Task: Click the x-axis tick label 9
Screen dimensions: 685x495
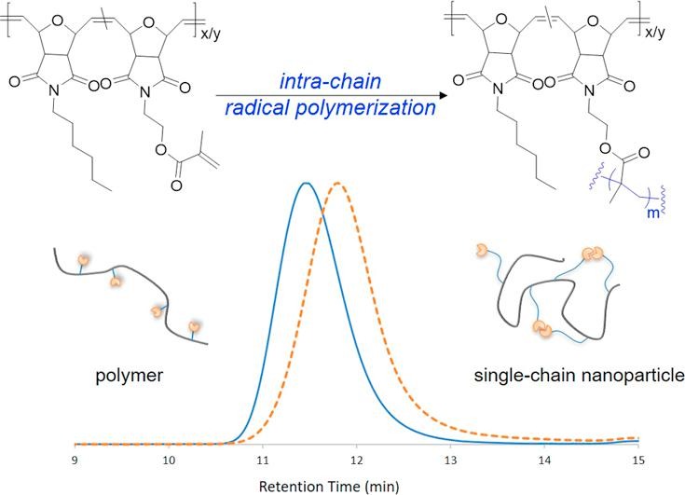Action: click(75, 461)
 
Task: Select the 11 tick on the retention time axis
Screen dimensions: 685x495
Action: click(263, 461)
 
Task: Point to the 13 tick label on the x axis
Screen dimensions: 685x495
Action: click(450, 461)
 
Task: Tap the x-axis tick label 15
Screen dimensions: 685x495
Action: click(638, 461)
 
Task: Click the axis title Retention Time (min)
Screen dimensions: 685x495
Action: click(329, 487)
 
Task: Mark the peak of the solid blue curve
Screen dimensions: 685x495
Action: click(306, 183)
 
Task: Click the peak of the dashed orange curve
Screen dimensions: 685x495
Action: click(337, 183)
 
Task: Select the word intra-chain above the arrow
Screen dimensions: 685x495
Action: click(330, 81)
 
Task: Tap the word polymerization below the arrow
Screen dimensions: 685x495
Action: click(366, 108)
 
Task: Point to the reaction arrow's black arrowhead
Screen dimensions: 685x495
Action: click(443, 95)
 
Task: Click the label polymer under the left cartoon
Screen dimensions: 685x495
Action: click(130, 376)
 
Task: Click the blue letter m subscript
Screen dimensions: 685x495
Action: click(653, 213)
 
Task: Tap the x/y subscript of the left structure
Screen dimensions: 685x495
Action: click(211, 34)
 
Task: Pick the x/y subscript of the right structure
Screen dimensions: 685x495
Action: click(655, 32)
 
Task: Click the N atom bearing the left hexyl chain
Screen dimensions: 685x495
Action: click(54, 90)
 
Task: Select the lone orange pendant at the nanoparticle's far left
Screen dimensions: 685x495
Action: click(482, 251)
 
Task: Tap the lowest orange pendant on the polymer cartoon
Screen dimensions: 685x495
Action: click(193, 326)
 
